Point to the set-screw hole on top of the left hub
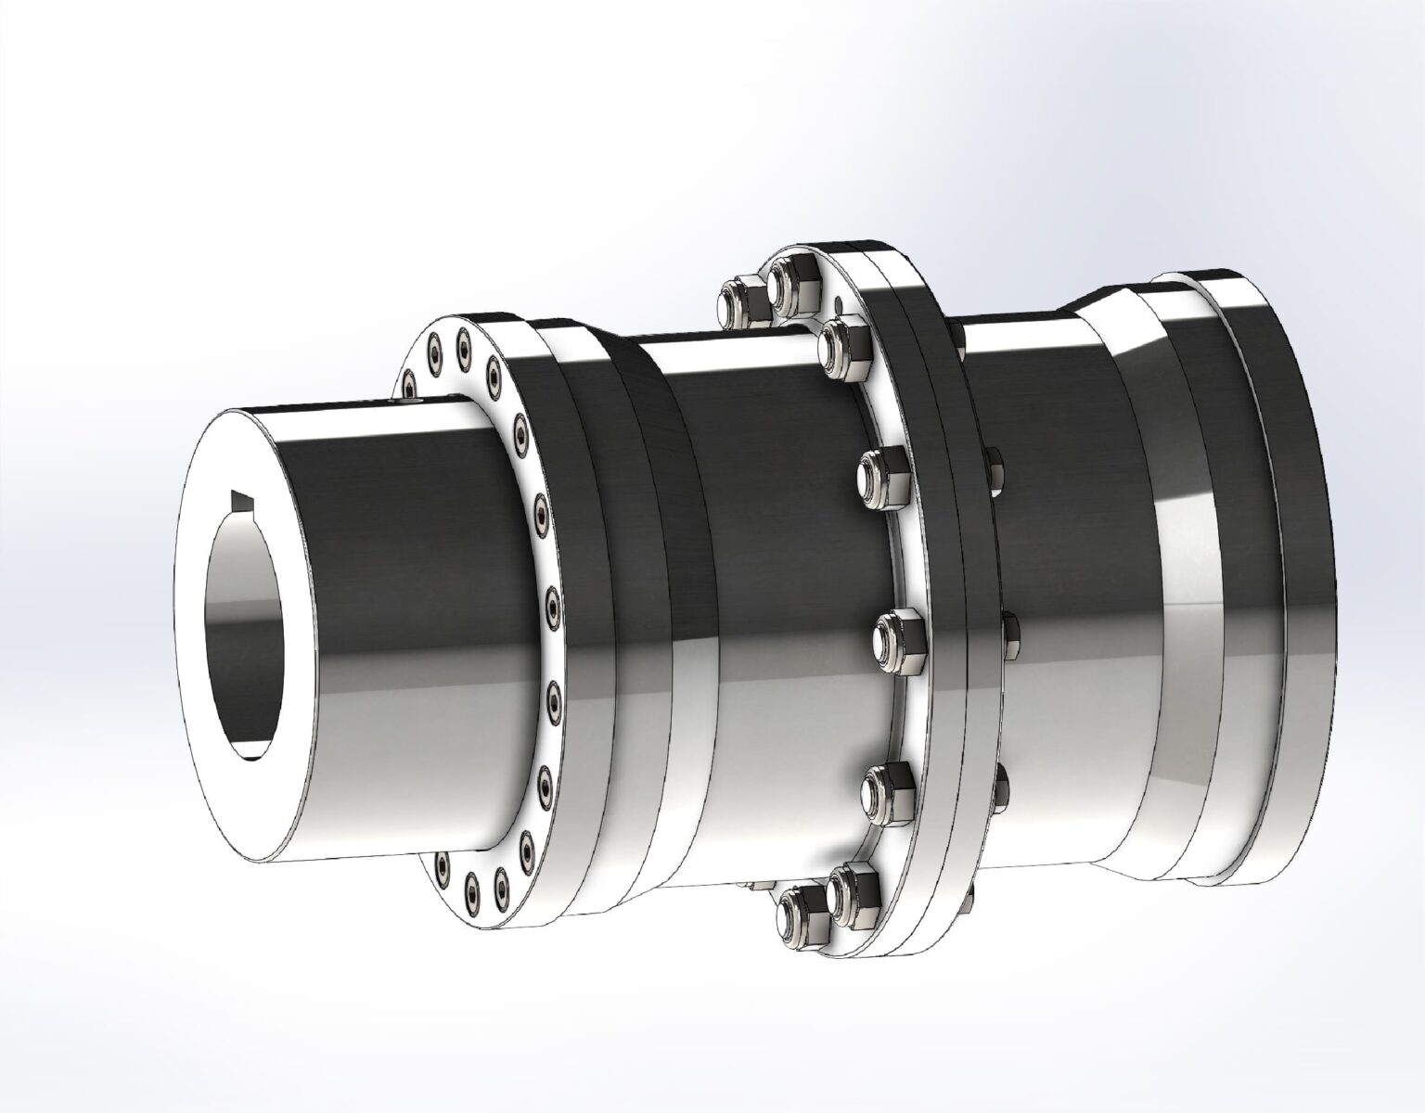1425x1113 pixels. click(414, 400)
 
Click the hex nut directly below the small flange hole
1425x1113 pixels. click(844, 350)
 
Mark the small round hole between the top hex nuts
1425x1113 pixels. click(839, 302)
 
